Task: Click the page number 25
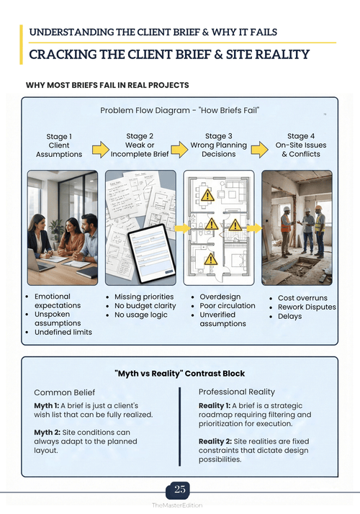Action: [180, 489]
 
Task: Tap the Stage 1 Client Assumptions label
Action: [59, 145]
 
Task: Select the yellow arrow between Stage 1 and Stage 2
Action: [101, 150]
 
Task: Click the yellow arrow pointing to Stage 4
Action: [260, 150]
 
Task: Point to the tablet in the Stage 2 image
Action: [152, 253]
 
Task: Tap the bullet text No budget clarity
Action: [145, 305]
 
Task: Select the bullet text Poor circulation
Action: [228, 305]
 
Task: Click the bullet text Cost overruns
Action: [302, 298]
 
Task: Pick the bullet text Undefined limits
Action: [63, 332]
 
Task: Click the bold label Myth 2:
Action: [48, 433]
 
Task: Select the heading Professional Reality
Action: [237, 392]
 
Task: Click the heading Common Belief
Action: [65, 392]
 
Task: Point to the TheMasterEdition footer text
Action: [177, 505]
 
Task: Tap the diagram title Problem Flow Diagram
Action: [145, 110]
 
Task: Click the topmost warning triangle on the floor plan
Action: [207, 195]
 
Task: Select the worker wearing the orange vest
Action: [286, 231]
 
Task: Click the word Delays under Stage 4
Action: [290, 316]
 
